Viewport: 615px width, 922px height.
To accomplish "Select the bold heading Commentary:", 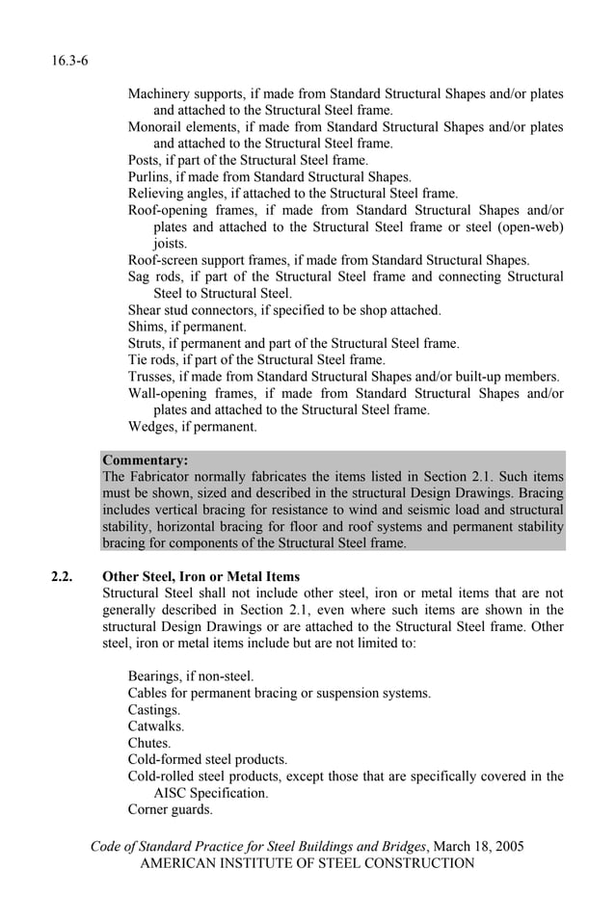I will coord(145,460).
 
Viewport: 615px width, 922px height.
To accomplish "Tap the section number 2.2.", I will coord(64,577).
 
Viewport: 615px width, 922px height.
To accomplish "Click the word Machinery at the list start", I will coord(159,94).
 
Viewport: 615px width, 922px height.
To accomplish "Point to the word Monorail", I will coord(155,127).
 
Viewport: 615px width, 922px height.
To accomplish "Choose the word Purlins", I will coord(149,176).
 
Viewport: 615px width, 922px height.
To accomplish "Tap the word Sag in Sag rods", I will coord(140,277).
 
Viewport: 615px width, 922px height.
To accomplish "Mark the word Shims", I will coord(147,327).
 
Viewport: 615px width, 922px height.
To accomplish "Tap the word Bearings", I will coord(156,676).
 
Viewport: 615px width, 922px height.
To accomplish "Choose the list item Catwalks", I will coord(155,726).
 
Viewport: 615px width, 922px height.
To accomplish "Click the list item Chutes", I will coord(148,743).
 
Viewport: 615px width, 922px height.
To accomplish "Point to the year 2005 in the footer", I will coord(508,847).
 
